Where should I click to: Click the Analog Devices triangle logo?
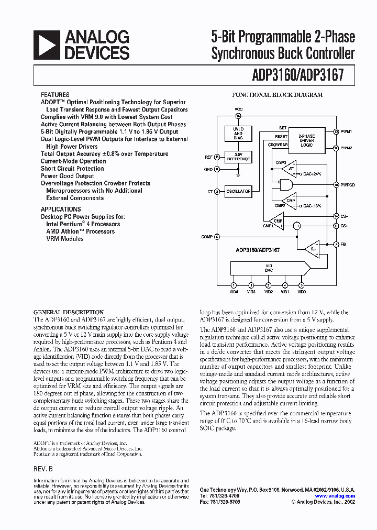(x=48, y=45)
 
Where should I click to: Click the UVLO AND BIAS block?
(x=238, y=134)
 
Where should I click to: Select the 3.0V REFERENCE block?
(x=238, y=157)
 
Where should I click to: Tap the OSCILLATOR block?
(x=238, y=192)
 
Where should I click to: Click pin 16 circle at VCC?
(x=238, y=116)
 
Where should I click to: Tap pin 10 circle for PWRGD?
(x=336, y=184)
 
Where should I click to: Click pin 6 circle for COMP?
(x=217, y=237)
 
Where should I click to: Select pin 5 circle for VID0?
(x=301, y=285)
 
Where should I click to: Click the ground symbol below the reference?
(x=238, y=170)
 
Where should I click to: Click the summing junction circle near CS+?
(x=297, y=226)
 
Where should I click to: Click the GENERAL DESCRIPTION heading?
(x=69, y=312)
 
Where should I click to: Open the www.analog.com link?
(x=335, y=496)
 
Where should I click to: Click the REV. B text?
(x=43, y=469)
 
